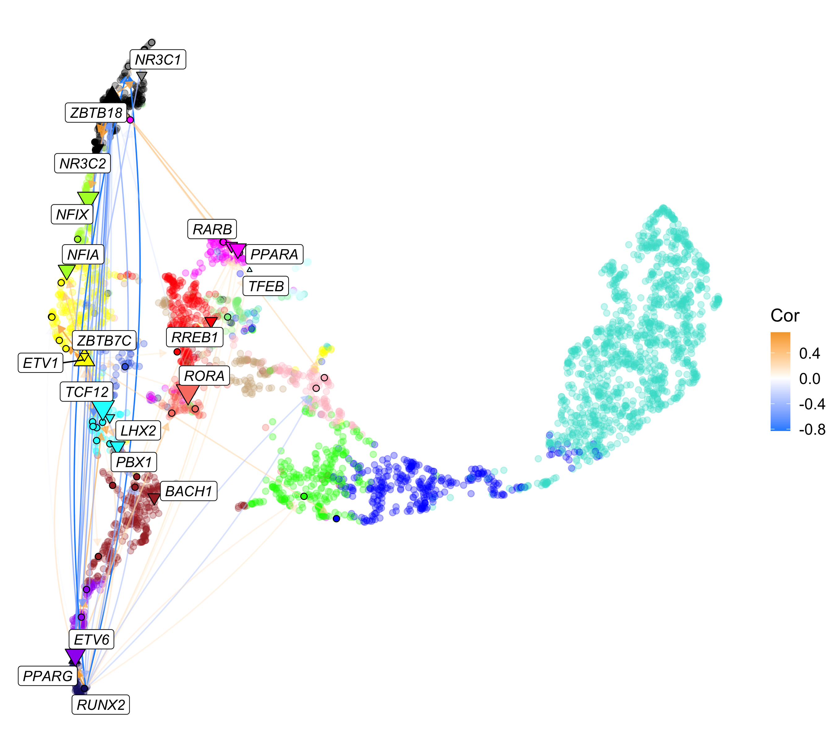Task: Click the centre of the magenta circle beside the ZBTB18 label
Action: (130, 120)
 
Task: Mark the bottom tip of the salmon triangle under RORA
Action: (188, 405)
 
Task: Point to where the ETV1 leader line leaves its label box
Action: (63, 362)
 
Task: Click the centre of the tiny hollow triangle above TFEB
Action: (250, 270)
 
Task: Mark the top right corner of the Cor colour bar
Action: (790, 332)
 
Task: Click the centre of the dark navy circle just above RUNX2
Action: (84, 688)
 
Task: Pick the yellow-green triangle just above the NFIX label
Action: (88, 198)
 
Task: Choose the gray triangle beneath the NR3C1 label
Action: (142, 76)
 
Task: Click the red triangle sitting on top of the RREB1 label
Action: (211, 322)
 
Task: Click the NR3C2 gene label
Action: (83, 163)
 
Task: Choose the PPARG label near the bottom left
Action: (48, 676)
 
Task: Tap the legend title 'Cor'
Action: (785, 316)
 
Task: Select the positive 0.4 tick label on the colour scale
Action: (810, 353)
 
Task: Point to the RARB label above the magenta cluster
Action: (212, 229)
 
